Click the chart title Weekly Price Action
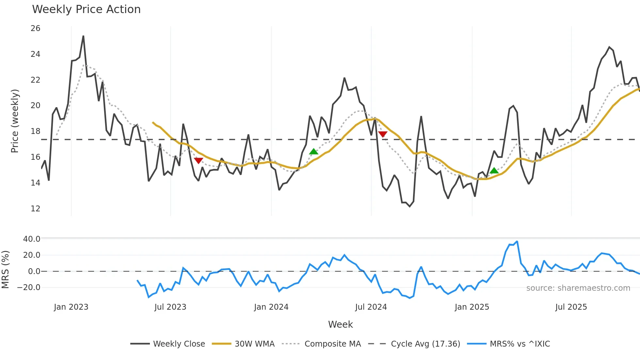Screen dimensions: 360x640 tap(86, 9)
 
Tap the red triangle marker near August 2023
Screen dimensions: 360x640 tap(199, 160)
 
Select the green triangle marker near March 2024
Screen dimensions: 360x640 tap(313, 151)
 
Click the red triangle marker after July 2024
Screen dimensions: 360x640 tap(383, 134)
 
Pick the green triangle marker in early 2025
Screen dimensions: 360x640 tap(494, 171)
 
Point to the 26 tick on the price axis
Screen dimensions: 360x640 tap(35, 28)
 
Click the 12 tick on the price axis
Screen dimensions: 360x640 tap(35, 208)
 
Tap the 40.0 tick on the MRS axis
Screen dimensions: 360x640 tap(32, 239)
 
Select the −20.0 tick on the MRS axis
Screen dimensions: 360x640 tap(29, 287)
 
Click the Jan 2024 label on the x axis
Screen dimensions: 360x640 tap(271, 307)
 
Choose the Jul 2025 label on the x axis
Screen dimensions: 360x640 tap(571, 307)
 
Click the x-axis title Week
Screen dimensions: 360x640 tap(340, 324)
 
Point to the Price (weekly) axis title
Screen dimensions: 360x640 tap(15, 121)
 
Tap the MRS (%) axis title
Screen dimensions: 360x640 tap(5, 270)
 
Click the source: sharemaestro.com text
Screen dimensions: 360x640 tap(578, 288)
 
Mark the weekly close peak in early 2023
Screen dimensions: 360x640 tap(83, 36)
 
